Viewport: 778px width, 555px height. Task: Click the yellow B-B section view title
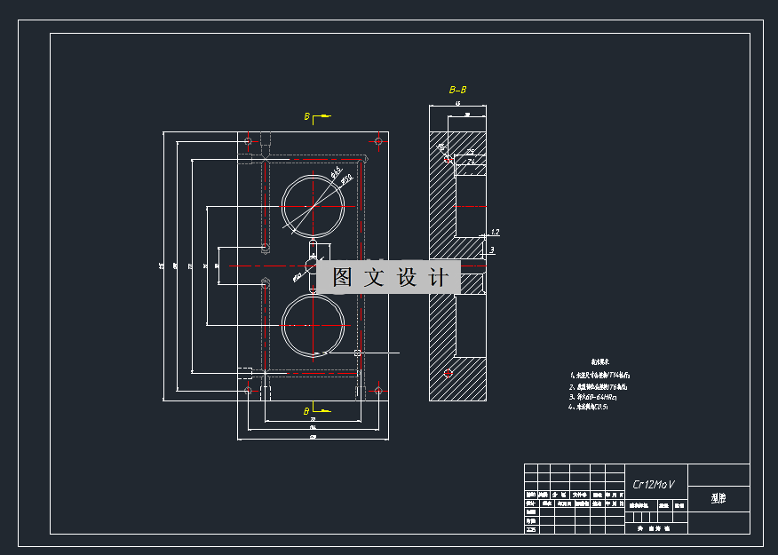click(458, 90)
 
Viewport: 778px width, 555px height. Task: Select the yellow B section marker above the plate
click(308, 116)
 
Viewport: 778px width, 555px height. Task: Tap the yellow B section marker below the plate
click(308, 411)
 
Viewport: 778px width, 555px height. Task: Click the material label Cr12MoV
click(654, 484)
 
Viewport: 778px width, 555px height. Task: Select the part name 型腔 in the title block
click(718, 498)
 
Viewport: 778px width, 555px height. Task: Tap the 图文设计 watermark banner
click(389, 278)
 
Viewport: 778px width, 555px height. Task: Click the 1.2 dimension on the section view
click(495, 233)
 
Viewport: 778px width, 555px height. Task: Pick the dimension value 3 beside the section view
click(492, 251)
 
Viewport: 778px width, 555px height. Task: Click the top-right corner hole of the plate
click(378, 140)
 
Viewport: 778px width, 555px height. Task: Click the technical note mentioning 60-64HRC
click(595, 397)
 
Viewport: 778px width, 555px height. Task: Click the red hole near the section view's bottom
click(448, 372)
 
